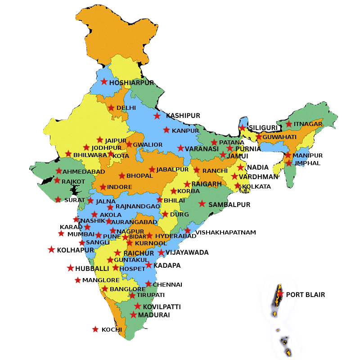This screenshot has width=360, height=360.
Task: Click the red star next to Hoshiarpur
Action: click(x=104, y=81)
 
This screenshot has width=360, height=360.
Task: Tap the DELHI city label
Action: click(x=126, y=108)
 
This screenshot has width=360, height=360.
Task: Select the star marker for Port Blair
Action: click(x=280, y=294)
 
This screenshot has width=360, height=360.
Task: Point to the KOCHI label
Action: click(x=112, y=329)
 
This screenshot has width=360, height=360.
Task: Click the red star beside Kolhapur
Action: click(x=52, y=249)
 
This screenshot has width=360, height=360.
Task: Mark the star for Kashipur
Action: click(x=157, y=116)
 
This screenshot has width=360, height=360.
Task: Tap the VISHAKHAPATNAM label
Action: click(x=226, y=232)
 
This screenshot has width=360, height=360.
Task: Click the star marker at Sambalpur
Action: click(x=202, y=203)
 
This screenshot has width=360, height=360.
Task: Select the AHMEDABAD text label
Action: click(x=84, y=171)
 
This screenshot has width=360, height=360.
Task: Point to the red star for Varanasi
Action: click(x=180, y=148)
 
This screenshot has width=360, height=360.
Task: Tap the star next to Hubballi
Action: click(x=70, y=268)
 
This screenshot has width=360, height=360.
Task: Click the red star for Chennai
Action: click(x=148, y=284)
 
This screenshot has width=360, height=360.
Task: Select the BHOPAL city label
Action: click(x=140, y=175)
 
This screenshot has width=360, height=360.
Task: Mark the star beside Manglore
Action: click(x=78, y=280)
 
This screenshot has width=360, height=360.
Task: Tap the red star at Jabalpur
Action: click(x=153, y=170)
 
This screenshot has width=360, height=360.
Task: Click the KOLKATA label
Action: click(x=256, y=186)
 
